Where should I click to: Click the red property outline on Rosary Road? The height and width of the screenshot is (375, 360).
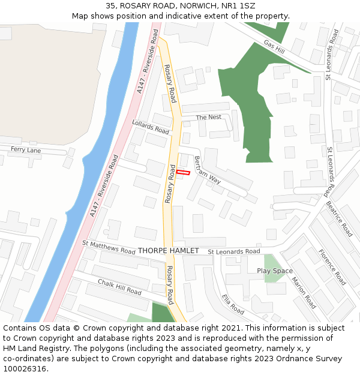click(x=183, y=173)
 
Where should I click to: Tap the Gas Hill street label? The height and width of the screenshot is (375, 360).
click(x=274, y=47)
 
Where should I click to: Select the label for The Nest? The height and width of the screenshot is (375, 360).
click(x=209, y=117)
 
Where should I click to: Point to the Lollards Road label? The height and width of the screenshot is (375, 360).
click(x=151, y=127)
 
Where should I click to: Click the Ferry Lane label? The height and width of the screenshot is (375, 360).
click(x=26, y=150)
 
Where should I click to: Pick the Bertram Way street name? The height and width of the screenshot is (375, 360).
click(x=208, y=170)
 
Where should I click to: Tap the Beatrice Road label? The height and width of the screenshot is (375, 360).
click(x=340, y=218)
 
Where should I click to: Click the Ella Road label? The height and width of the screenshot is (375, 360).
click(x=233, y=304)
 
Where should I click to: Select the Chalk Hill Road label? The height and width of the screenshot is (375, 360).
click(x=119, y=287)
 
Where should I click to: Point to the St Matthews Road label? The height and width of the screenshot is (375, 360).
click(x=109, y=247)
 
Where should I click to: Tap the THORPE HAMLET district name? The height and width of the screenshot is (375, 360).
click(x=168, y=250)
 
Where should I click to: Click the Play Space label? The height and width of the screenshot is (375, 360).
click(x=275, y=271)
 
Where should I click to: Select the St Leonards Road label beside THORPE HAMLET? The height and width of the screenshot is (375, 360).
click(x=234, y=251)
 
